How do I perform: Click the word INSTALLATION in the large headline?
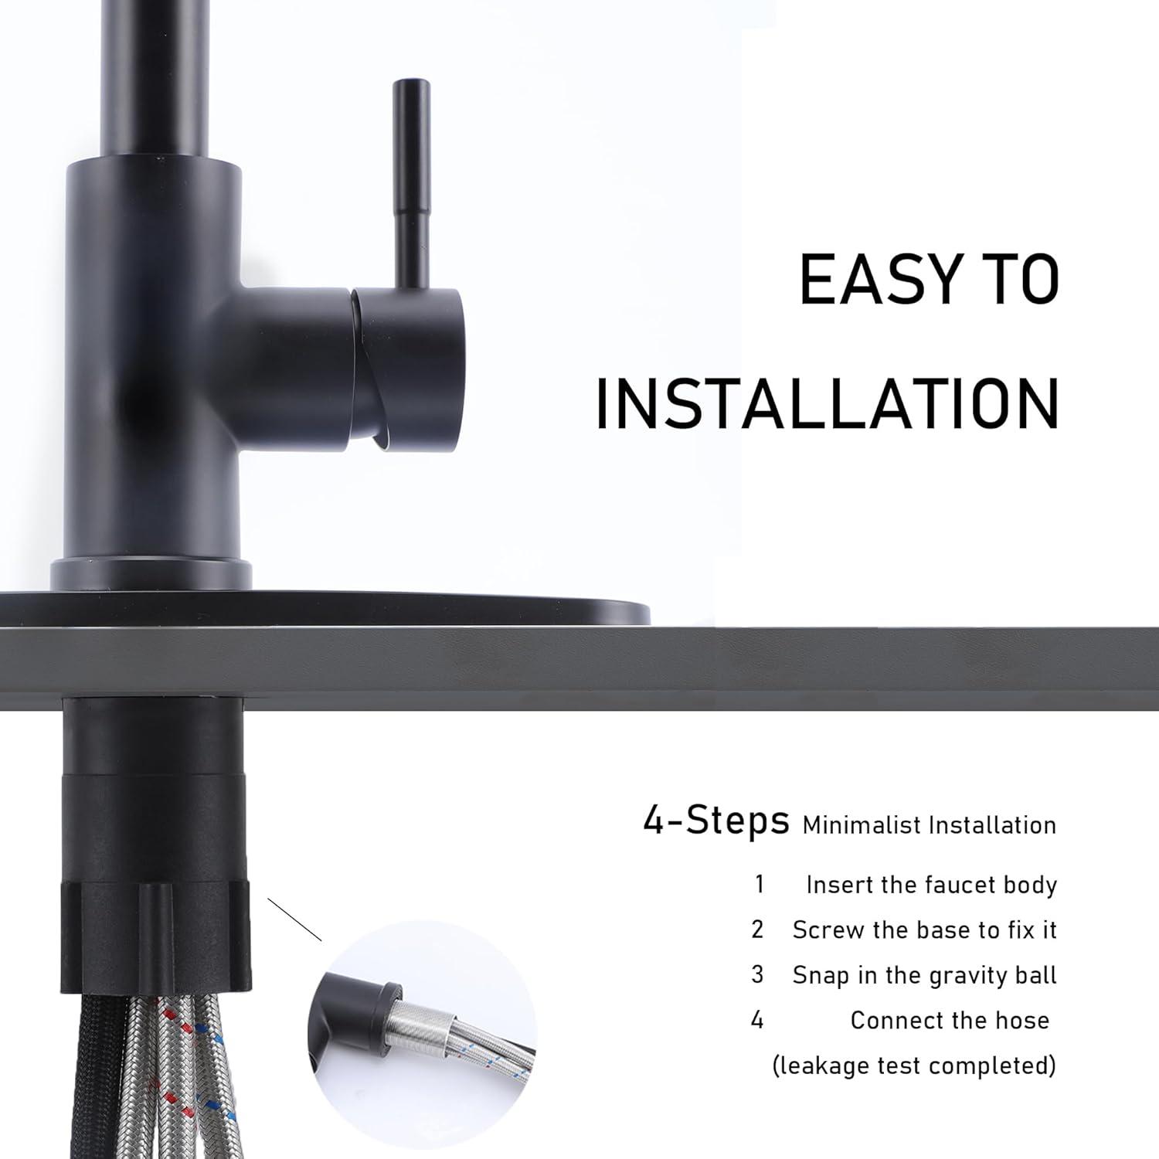827,403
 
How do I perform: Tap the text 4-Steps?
715,821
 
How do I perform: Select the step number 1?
760,884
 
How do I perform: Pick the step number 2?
757,930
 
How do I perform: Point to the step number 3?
757,975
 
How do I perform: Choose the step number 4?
757,1020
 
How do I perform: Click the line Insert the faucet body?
931,885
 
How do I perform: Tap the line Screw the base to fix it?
924,930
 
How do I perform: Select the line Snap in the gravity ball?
924,975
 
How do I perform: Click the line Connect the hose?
950,1021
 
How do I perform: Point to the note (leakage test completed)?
914,1066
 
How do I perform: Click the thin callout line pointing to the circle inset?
294,919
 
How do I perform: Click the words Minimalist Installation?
929,825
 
